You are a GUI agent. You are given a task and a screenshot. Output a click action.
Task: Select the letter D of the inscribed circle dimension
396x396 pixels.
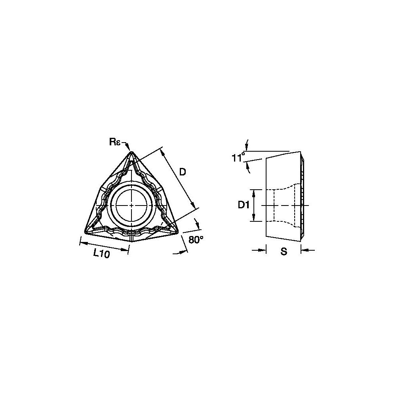pos(183,172)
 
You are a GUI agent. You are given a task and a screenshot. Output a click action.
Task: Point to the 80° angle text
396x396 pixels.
pos(196,240)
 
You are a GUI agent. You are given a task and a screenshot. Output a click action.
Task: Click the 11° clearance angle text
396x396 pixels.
pos(237,158)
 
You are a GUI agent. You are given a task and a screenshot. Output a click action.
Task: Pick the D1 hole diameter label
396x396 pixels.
pos(243,205)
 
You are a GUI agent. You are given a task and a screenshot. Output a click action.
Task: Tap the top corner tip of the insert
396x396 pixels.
pos(131,152)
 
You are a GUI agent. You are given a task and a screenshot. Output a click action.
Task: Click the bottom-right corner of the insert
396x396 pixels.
pos(177,232)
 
